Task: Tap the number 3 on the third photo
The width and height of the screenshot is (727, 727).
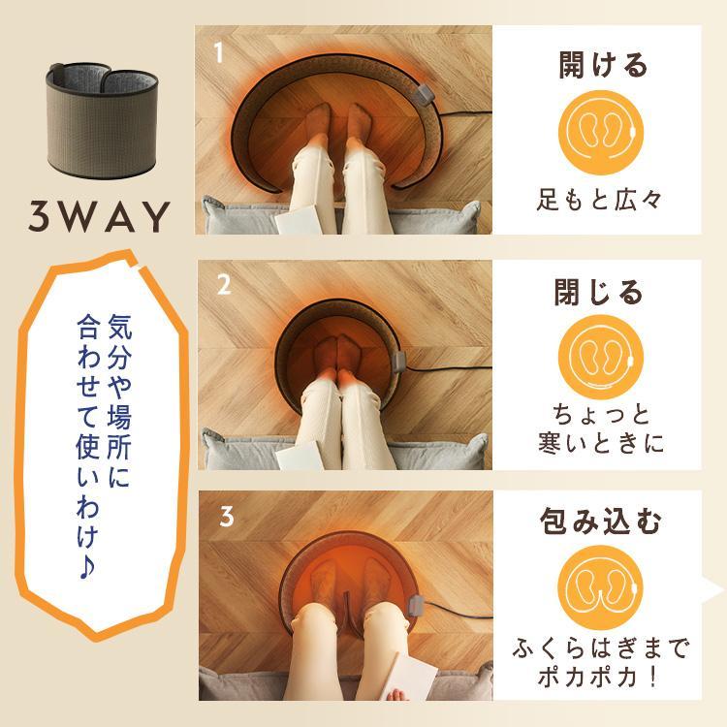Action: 225,517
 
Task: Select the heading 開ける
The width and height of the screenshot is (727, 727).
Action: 602,66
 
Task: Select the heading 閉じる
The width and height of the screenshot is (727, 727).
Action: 602,292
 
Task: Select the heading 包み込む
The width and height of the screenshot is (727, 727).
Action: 602,522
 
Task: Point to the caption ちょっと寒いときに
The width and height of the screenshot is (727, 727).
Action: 601,428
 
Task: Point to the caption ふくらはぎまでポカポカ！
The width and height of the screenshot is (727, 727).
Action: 601,659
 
